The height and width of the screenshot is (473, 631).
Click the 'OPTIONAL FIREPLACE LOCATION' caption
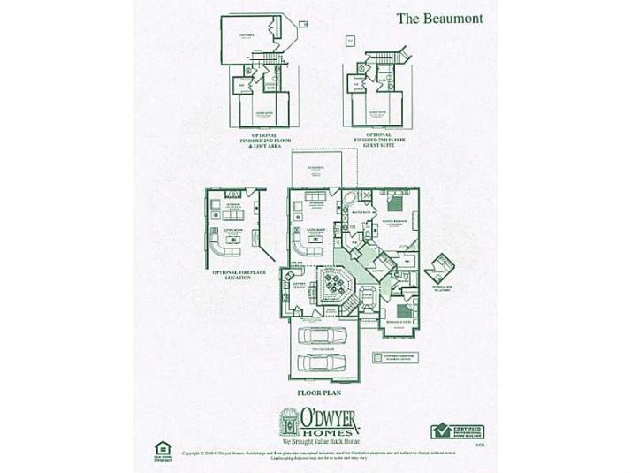coord(232,276)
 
